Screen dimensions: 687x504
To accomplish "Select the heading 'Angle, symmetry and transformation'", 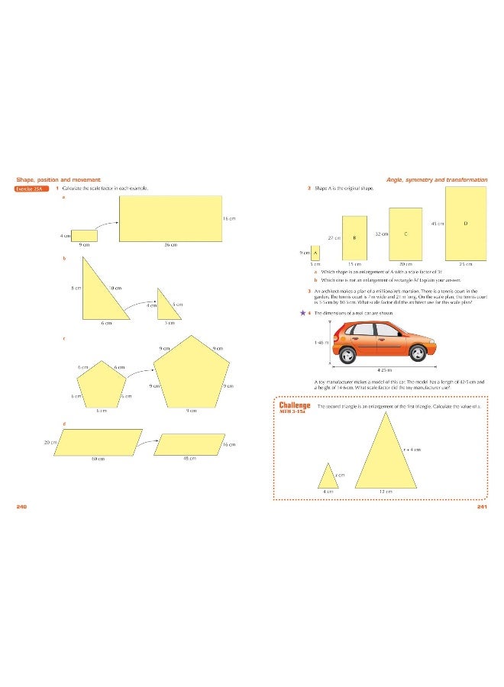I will pyautogui.click(x=436, y=179).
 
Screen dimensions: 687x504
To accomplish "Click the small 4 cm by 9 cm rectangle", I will pyautogui.click(x=85, y=235).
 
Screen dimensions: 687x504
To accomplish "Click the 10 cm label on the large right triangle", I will pyautogui.click(x=115, y=288).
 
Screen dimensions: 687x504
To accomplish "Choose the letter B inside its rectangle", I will pyautogui.click(x=354, y=237).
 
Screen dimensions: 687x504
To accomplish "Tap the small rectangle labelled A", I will pyautogui.click(x=315, y=252).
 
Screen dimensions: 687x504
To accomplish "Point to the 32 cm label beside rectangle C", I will pyautogui.click(x=382, y=233).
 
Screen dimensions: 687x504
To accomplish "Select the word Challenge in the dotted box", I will pyautogui.click(x=295, y=405).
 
